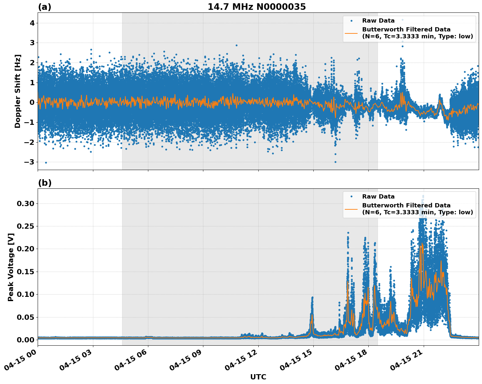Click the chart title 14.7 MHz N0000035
coord(257,7)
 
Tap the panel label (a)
coord(45,7)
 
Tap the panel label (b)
coord(45,183)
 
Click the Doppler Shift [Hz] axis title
coord(18,91)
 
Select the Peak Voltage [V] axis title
coord(11,267)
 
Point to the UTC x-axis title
coord(258,377)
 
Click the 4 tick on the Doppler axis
coord(31,23)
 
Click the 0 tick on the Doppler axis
coord(31,102)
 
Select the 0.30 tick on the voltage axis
coord(25,203)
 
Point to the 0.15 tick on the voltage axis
coord(25,272)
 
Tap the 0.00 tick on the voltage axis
coord(25,340)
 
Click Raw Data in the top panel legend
coord(378,21)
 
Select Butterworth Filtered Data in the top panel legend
coord(406,29)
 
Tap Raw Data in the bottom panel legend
coord(378,197)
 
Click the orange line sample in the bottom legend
coord(351,209)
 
